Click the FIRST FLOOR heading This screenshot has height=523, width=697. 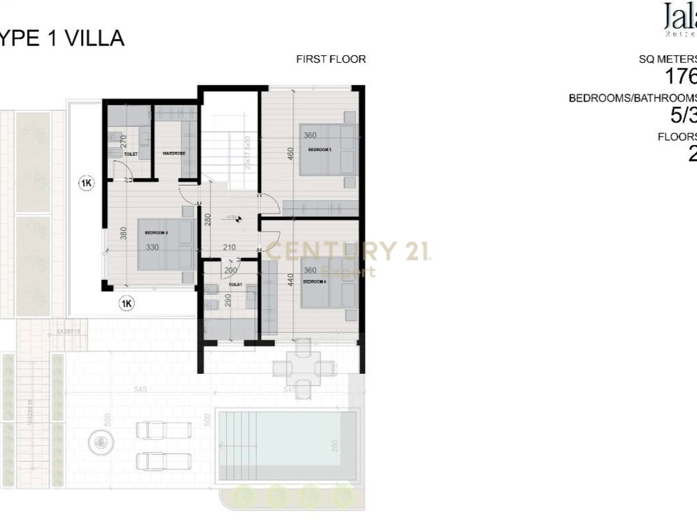tap(331, 59)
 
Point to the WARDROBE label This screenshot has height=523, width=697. tap(174, 154)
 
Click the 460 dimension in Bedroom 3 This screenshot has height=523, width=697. tap(290, 155)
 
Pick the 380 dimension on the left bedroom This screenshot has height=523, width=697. tap(123, 234)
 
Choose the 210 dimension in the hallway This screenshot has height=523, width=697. tap(229, 247)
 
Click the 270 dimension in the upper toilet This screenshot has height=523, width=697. tap(124, 142)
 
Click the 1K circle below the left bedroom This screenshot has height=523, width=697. tap(126, 304)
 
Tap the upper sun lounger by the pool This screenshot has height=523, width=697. tap(164, 430)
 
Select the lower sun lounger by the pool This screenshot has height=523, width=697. tap(164, 461)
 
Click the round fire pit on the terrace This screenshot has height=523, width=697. tap(100, 443)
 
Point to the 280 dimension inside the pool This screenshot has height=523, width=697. tap(334, 447)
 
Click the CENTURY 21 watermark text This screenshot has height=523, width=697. tap(347, 252)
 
